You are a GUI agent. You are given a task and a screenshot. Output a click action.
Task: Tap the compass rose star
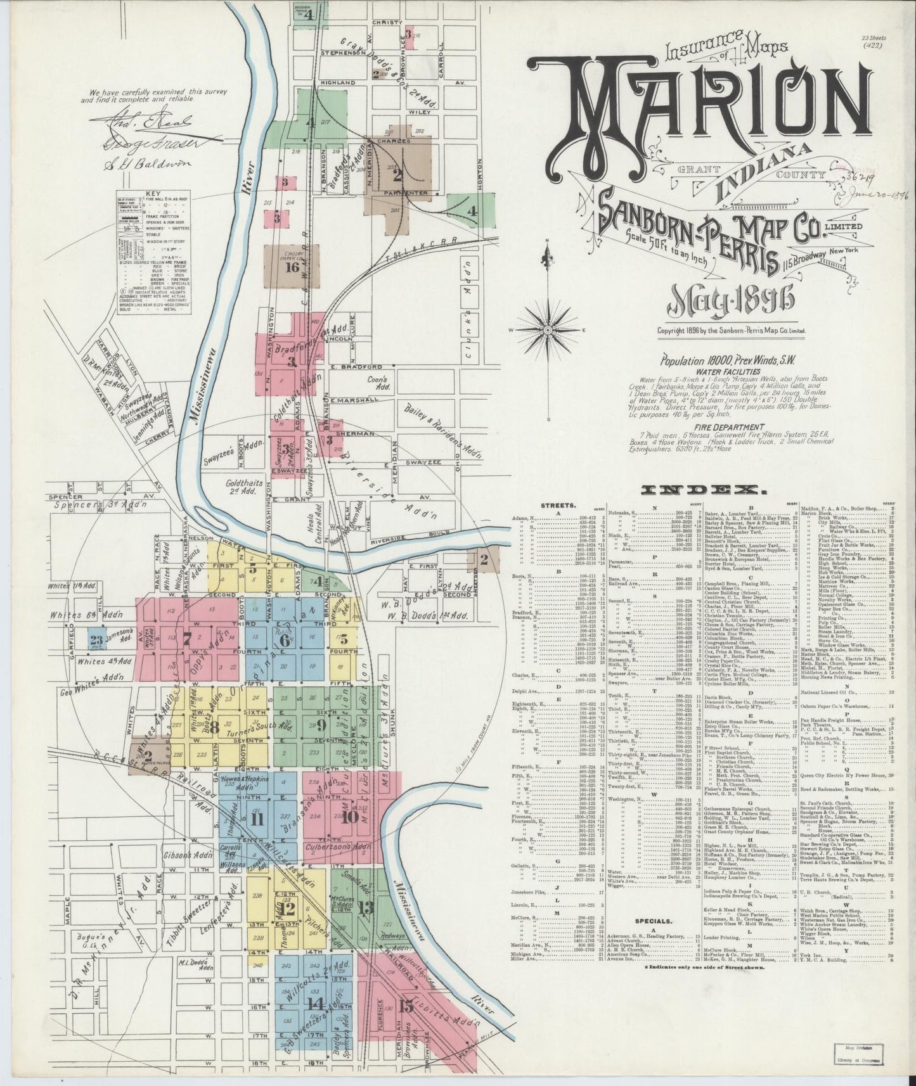[x=547, y=330]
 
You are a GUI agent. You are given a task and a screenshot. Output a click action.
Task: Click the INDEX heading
[x=702, y=490]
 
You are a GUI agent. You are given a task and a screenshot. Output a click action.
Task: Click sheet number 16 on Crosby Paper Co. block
[x=292, y=267]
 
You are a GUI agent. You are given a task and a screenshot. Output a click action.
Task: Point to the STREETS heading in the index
[x=558, y=506]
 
